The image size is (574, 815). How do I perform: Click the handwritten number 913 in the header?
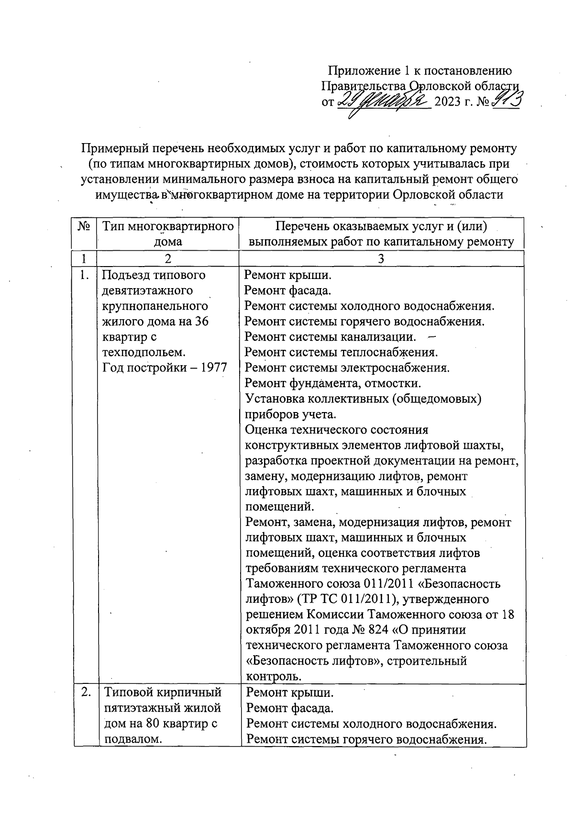(506, 101)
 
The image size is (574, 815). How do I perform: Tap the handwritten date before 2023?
(383, 101)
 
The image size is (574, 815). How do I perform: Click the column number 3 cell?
(381, 259)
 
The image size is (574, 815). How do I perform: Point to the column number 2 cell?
(167, 259)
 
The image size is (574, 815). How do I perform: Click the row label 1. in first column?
(84, 276)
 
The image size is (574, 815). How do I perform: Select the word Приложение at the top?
(363, 71)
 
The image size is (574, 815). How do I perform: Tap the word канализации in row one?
(377, 337)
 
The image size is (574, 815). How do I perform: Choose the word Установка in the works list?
(274, 399)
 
